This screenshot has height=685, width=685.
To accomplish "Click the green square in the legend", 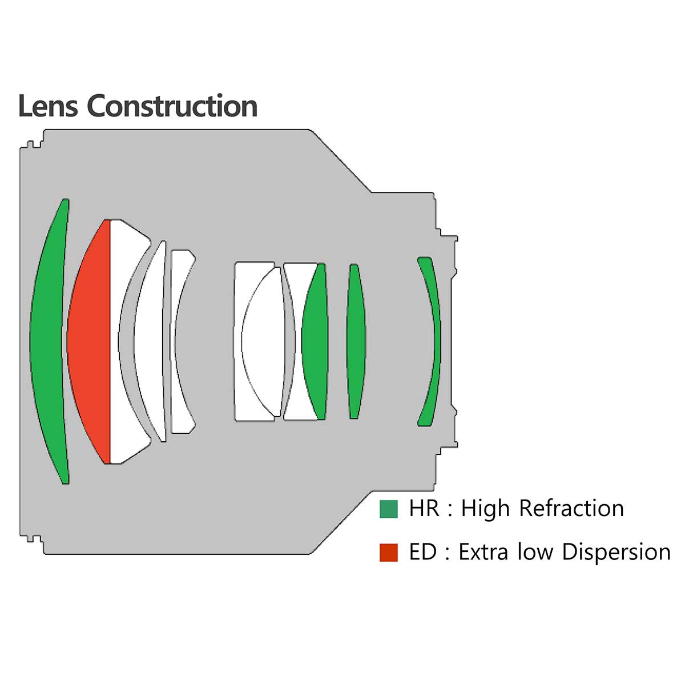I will point(388,509).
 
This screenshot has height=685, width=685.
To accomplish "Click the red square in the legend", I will point(388,553).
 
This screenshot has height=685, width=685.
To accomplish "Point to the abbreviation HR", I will point(424,508).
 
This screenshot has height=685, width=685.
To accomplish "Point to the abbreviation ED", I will point(423,552).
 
